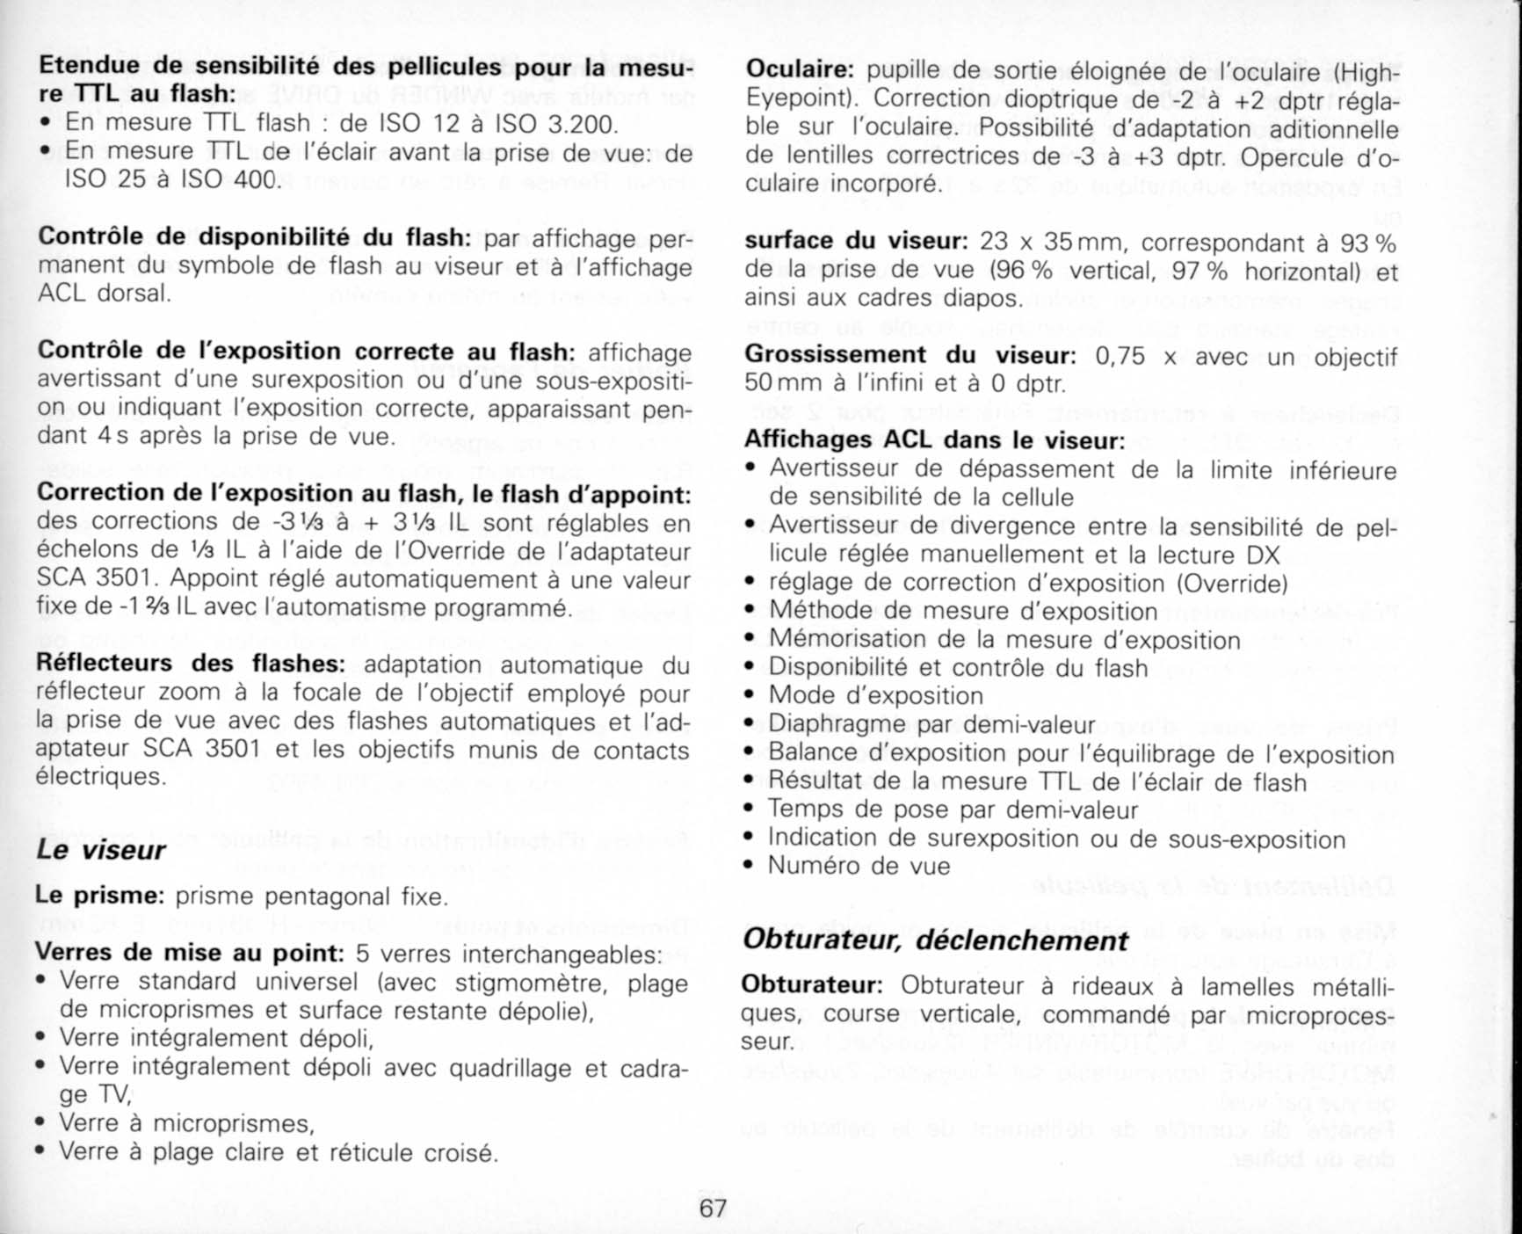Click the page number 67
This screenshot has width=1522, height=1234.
pos(713,1208)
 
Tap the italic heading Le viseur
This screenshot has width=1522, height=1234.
pos(100,850)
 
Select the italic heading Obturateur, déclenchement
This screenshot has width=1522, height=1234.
pos(935,940)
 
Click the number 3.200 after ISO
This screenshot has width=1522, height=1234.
pos(583,123)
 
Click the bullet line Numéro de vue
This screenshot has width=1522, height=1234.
pos(859,866)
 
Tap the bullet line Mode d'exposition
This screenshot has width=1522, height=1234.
pos(875,695)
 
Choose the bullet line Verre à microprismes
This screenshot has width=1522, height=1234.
pos(186,1123)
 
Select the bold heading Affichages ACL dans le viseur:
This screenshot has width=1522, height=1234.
pos(934,439)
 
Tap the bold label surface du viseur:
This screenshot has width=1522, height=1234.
pos(856,241)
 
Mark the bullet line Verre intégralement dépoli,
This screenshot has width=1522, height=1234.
pos(216,1038)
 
